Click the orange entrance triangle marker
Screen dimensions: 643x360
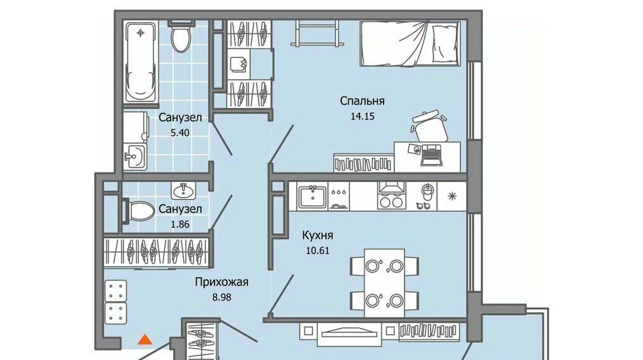coord(145,340)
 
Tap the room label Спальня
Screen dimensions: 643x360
coord(362,101)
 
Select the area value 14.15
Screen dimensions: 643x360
coord(363,117)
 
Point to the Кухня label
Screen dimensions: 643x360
coord(318,235)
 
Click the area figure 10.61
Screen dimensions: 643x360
coord(318,250)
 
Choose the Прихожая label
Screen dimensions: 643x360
coord(221,282)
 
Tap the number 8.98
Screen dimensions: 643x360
coord(221,297)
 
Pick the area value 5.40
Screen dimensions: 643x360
coord(180,133)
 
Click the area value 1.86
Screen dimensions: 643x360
coord(180,224)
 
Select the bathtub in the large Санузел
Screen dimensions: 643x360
coord(141,62)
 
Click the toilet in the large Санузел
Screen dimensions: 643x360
coord(181,37)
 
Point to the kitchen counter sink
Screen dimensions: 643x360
coord(313,197)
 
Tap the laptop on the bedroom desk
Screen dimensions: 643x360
coord(431,155)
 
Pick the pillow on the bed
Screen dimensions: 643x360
coord(446,42)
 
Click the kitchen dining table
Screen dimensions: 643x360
coord(384,283)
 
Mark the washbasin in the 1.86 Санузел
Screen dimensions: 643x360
coord(183,190)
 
